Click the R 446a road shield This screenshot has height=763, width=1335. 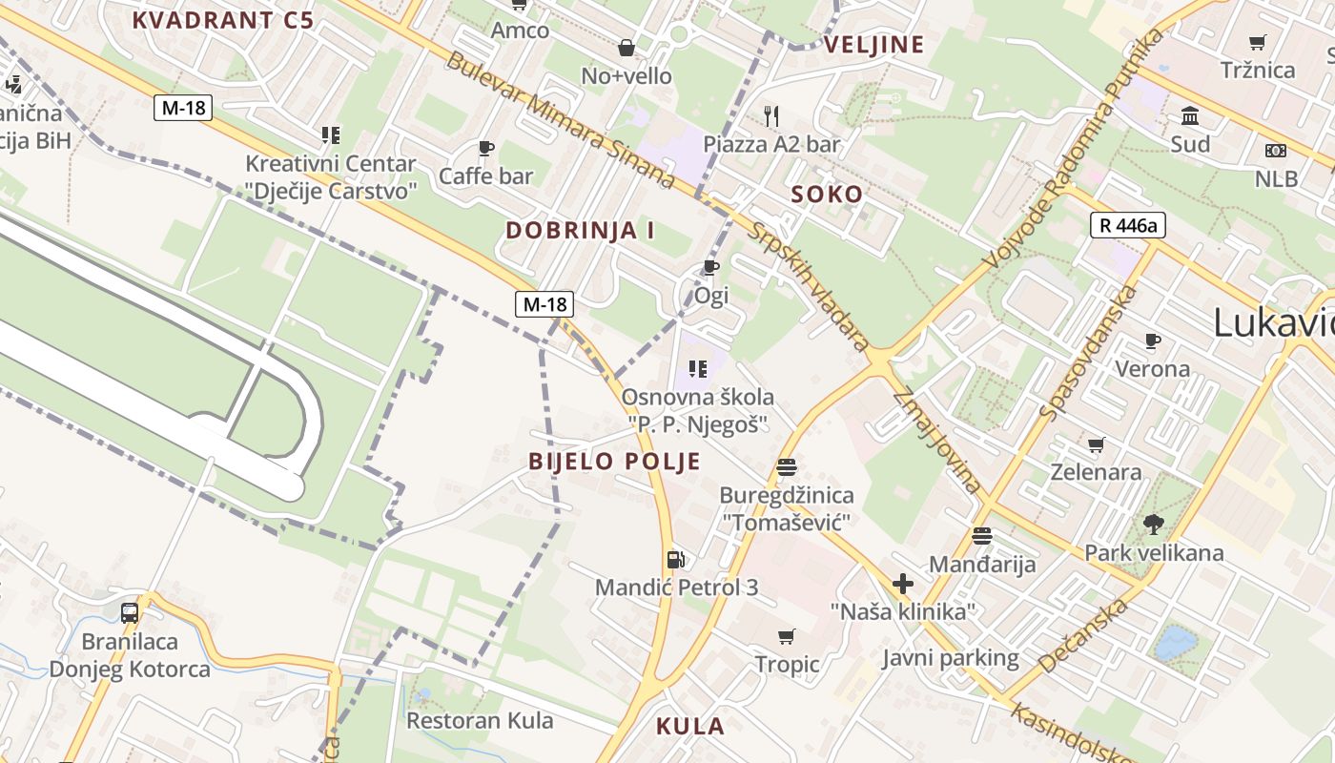click(1128, 226)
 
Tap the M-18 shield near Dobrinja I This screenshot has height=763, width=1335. click(545, 304)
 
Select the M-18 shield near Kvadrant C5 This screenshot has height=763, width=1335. click(183, 108)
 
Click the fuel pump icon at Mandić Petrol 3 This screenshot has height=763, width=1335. click(675, 560)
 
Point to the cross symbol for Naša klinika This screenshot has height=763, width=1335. click(902, 584)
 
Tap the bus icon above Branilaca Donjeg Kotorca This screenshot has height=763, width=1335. click(130, 612)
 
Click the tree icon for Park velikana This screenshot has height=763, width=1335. click(1154, 524)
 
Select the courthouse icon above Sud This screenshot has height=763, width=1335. click(1190, 116)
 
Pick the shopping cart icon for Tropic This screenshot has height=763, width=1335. click(787, 636)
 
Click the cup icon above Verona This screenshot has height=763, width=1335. click(1153, 340)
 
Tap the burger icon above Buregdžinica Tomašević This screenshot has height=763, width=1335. click(787, 466)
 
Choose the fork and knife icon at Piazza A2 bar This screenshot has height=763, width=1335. click(772, 116)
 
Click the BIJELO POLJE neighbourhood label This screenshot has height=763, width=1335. click(615, 463)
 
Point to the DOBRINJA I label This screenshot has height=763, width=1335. click(580, 230)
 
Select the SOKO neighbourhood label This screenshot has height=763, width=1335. click(827, 195)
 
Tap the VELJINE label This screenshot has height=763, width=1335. click(874, 45)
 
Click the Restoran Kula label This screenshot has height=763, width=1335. click(481, 720)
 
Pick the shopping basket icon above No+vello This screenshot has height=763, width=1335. click(626, 47)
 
